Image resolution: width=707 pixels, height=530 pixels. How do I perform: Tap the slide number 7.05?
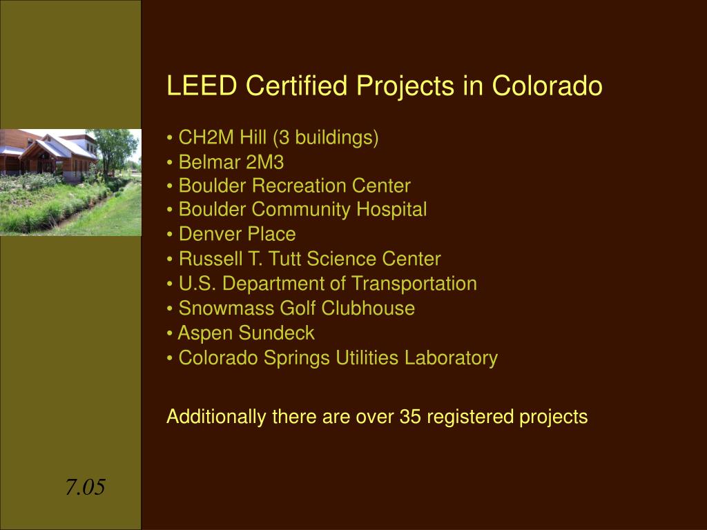pos(85,488)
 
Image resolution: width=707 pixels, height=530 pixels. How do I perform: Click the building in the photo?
pos(52,155)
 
